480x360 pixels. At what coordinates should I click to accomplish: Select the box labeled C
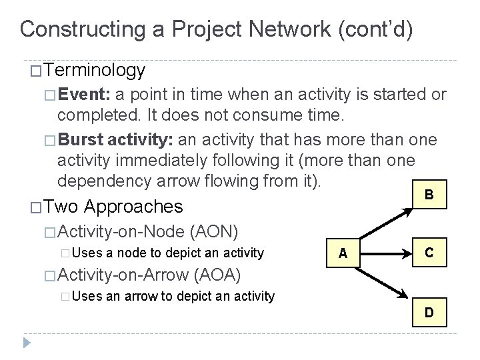(429, 252)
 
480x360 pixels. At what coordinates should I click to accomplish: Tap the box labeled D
(429, 312)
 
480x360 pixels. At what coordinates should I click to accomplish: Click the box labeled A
(342, 253)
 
